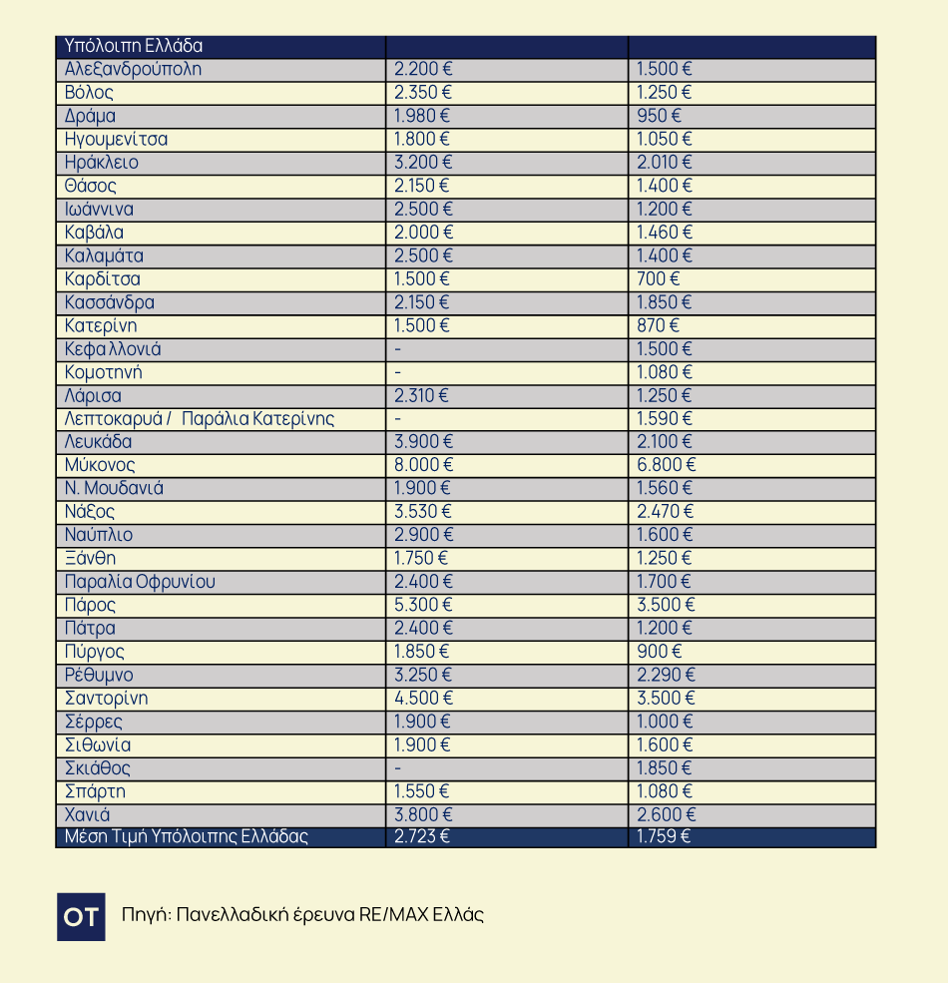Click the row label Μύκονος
[x=100, y=465]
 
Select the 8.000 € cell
[x=423, y=465]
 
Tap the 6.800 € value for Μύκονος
[x=667, y=465]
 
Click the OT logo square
[x=81, y=916]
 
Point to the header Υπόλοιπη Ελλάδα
[x=134, y=46]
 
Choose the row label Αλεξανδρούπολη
[x=133, y=69]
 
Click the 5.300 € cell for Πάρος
[x=423, y=605]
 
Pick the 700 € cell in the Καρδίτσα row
[x=658, y=278]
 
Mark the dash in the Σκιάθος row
[x=398, y=768]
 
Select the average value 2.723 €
[x=422, y=836]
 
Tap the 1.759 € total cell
[x=664, y=836]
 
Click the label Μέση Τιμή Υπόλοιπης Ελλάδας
[x=187, y=836]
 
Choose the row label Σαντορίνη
[x=106, y=698]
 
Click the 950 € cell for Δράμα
[x=659, y=116]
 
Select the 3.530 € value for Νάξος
[x=423, y=512]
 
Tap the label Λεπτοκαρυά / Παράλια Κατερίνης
[x=200, y=419]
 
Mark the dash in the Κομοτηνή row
[x=398, y=372]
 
